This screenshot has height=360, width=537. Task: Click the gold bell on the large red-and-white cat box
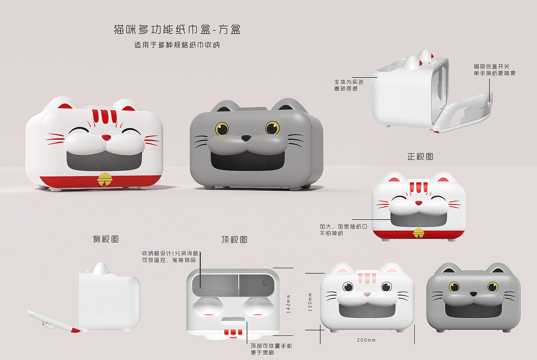tap(105, 179)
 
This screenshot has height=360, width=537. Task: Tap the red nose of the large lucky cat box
tap(106, 137)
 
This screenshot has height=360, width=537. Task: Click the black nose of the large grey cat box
tap(246, 138)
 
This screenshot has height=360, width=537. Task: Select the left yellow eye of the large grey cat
tap(222, 129)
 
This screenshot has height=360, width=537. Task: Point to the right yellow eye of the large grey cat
tap(272, 127)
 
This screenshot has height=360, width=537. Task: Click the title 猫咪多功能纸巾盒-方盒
tap(177, 30)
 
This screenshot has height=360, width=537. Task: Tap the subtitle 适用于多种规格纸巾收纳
tap(177, 45)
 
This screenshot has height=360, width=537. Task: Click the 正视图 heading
tap(420, 157)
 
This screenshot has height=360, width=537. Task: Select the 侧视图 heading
tap(106, 239)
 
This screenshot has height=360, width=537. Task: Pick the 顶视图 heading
tap(234, 239)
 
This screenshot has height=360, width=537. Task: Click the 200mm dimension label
tap(366, 340)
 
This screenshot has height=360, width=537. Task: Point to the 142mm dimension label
tap(288, 304)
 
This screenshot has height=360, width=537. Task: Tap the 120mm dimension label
tap(310, 302)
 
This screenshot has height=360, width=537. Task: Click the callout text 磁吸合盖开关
tap(491, 66)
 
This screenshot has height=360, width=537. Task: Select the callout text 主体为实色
tap(349, 82)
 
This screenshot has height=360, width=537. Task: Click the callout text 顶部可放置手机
tap(271, 346)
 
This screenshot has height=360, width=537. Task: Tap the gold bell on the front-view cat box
tap(418, 233)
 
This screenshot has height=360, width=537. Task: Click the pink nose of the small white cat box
tap(367, 294)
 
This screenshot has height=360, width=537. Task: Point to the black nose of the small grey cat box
tap(473, 294)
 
